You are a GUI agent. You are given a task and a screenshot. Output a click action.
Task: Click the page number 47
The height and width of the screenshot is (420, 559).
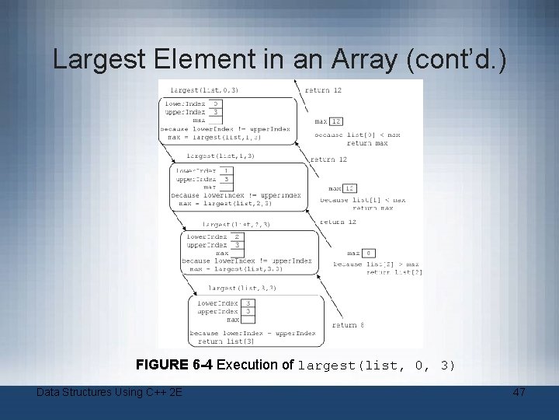tap(519, 392)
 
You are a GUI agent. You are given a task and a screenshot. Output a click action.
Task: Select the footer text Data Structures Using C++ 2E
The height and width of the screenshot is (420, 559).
tap(109, 392)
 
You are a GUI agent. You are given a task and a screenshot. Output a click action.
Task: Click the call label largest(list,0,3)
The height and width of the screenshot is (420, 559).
tap(204, 90)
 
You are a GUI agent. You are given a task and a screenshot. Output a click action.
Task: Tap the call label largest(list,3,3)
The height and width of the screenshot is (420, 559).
tap(242, 288)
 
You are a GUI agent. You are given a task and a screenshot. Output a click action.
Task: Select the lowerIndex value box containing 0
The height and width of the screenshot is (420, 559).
tap(214, 103)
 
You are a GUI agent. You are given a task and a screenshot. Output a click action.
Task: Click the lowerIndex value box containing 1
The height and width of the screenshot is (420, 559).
tap(225, 170)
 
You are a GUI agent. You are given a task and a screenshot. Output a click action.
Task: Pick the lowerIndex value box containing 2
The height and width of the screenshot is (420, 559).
tap(236, 236)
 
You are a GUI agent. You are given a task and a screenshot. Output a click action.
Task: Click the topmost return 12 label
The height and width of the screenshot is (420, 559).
tap(323, 90)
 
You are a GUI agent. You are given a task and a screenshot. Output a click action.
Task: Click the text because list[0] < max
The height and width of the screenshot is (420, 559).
tap(357, 135)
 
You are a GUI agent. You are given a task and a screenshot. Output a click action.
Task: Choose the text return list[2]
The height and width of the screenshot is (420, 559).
tap(394, 272)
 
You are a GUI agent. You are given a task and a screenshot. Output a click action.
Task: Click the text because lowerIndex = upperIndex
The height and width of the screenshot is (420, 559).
tap(252, 333)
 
